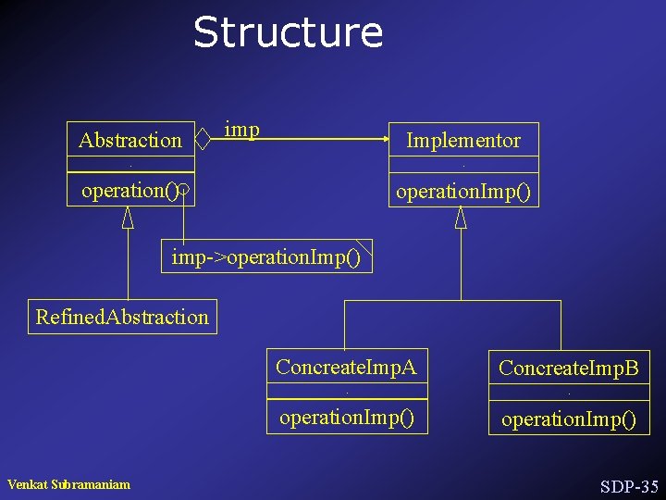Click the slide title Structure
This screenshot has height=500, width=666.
click(x=288, y=32)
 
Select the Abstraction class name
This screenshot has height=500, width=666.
click(x=130, y=141)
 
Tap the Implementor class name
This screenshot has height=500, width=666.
click(x=463, y=141)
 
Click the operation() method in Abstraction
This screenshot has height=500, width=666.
click(x=129, y=191)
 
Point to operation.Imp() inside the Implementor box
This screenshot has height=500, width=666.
click(x=463, y=192)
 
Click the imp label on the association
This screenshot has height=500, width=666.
click(x=241, y=130)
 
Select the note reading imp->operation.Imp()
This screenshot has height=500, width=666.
click(x=266, y=256)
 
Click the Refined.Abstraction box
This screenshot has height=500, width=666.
click(x=122, y=317)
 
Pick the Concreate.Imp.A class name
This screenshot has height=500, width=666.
click(x=346, y=367)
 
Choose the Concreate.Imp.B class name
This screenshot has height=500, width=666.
click(x=568, y=368)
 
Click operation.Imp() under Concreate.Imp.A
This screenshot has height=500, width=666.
click(x=346, y=418)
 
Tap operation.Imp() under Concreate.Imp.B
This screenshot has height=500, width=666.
click(x=568, y=419)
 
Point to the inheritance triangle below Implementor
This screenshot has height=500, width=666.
click(x=461, y=218)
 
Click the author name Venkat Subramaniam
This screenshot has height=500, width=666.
click(x=68, y=484)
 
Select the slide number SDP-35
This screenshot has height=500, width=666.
click(x=629, y=486)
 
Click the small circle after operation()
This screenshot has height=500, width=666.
click(x=183, y=192)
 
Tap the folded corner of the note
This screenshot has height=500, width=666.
click(x=366, y=245)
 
